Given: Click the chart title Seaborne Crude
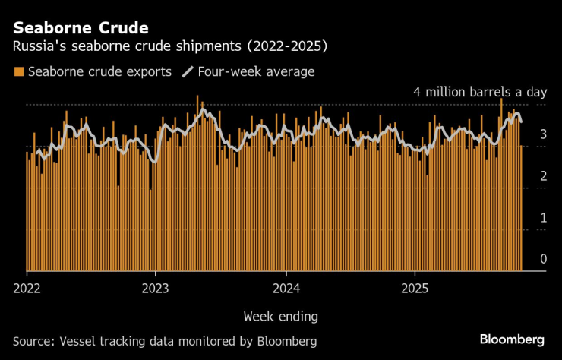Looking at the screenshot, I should point(81,28).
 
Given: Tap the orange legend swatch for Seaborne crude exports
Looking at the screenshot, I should point(18,72).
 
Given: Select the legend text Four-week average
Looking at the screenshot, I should point(255,72).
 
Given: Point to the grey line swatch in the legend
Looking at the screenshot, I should point(188,72).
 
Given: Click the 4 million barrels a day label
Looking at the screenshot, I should point(480,92).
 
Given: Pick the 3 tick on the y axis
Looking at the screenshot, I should point(543,134).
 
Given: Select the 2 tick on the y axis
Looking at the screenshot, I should point(543,176).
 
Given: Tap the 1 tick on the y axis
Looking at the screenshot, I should point(543,218).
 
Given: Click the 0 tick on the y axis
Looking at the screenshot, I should point(543,260).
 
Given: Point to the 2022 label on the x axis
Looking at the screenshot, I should point(27,289).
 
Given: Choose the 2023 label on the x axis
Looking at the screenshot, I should point(156,289).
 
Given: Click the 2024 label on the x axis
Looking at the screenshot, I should point(286,289).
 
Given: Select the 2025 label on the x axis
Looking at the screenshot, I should point(415,289).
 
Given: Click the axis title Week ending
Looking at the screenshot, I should point(281,315).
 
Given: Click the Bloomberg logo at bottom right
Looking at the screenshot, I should point(512,339).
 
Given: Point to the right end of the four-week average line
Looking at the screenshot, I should point(521,122).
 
